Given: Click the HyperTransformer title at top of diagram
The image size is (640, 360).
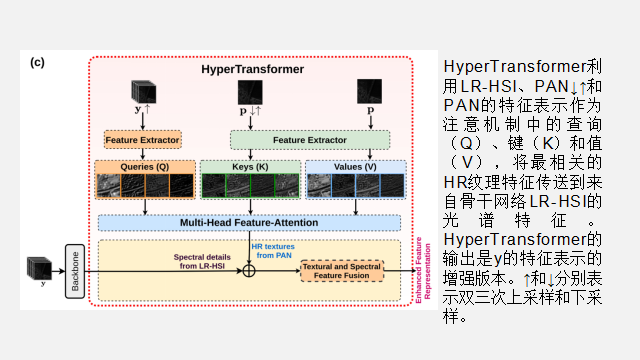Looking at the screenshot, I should pos(252,70).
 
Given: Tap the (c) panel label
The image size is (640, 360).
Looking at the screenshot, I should pos(37,62).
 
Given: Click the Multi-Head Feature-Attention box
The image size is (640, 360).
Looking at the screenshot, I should pos(250,221).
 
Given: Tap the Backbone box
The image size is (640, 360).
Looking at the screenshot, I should pos(74,269).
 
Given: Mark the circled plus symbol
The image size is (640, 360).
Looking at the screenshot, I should pos(250,269).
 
